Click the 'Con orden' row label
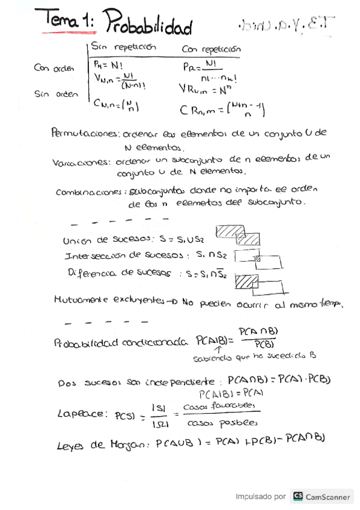point(55,68)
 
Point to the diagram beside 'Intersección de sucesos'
point(258,259)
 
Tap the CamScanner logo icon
point(297,497)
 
